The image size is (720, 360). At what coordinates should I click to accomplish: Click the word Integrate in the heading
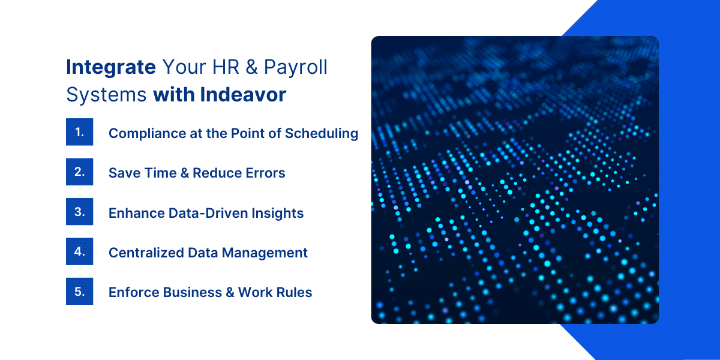tap(111, 67)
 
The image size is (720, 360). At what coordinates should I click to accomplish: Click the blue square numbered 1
tap(79, 132)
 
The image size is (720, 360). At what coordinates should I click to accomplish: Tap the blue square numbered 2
tap(79, 172)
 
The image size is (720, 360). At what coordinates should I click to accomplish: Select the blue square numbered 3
tap(79, 212)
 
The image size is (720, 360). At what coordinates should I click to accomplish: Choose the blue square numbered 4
tap(79, 251)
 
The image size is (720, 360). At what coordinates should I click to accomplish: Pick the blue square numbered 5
tap(79, 291)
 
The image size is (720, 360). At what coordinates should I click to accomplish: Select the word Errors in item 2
tap(265, 173)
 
